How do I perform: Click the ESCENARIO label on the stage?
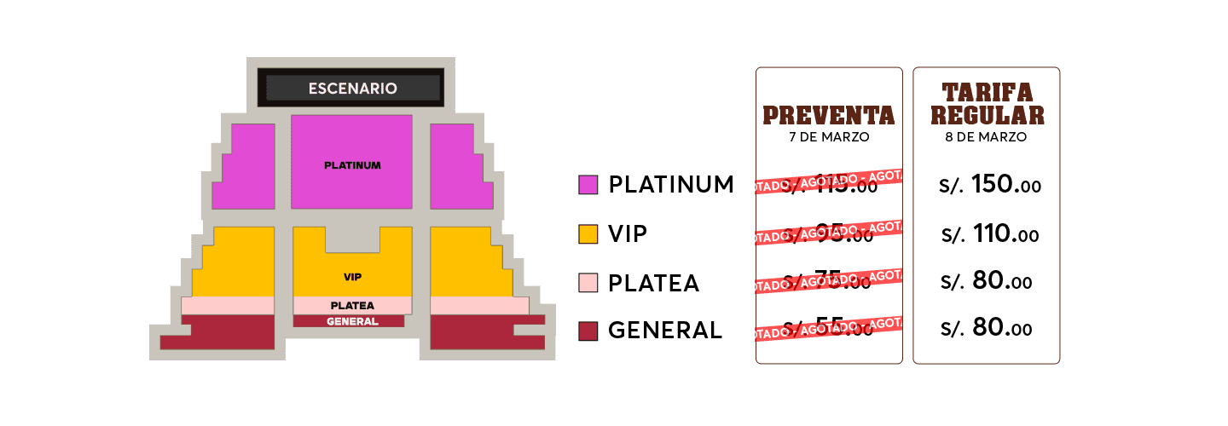[x=352, y=88]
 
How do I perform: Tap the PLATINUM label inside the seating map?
[x=352, y=165]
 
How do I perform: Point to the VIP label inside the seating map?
[x=352, y=277]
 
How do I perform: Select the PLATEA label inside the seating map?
[x=352, y=305]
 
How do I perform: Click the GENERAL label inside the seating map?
[x=352, y=321]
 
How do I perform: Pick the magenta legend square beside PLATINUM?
[x=588, y=185]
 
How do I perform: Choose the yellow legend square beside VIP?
[x=588, y=234]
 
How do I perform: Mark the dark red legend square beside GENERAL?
[x=588, y=331]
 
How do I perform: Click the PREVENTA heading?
[x=828, y=115]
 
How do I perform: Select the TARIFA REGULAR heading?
[x=987, y=104]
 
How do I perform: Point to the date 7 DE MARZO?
[x=828, y=136]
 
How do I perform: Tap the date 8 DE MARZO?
[x=987, y=136]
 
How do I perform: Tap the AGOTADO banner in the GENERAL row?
[x=828, y=329]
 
